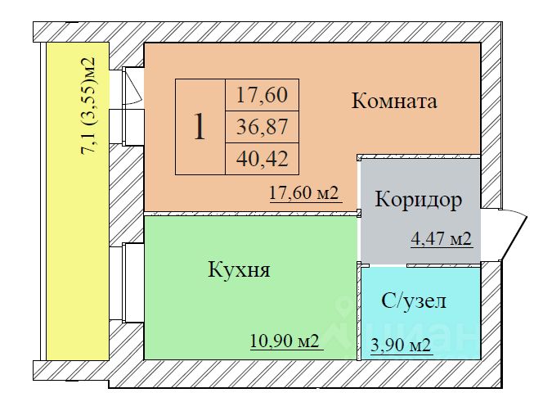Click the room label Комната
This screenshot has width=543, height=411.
394,102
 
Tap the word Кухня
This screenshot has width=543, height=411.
239,269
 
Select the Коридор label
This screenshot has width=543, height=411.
419,200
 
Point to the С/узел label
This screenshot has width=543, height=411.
414,300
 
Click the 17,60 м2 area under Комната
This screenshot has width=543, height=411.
303,193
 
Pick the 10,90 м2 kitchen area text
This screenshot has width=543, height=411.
285,341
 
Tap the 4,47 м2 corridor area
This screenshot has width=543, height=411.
442,239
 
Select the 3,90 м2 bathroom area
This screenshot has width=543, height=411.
401,346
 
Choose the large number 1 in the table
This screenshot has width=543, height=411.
200,127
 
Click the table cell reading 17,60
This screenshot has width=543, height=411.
263,95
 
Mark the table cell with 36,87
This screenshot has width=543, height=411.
263,127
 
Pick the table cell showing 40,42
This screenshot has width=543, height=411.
263,159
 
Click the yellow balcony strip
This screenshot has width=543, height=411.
78,201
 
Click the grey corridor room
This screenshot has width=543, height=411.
420,211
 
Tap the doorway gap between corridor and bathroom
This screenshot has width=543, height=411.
388,265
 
